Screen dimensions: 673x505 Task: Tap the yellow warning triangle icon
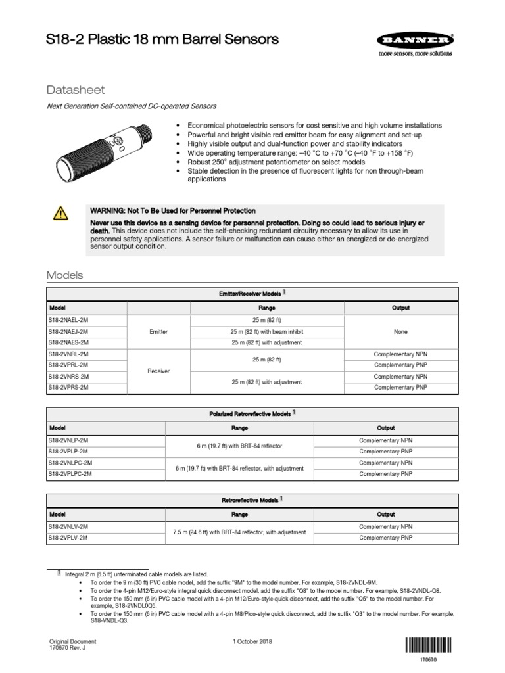point(61,212)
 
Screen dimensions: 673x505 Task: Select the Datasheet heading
point(76,89)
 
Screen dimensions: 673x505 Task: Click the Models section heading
point(64,275)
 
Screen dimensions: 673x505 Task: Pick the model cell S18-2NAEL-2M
point(68,320)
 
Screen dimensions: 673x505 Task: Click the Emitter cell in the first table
point(158,331)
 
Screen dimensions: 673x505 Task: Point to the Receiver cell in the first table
point(158,371)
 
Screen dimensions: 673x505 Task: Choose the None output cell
point(400,331)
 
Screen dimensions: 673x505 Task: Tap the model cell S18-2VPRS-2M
point(68,388)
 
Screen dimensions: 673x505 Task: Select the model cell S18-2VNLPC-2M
point(70,463)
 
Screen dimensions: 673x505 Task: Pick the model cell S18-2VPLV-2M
point(68,538)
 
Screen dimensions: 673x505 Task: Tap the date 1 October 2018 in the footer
point(252,641)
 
